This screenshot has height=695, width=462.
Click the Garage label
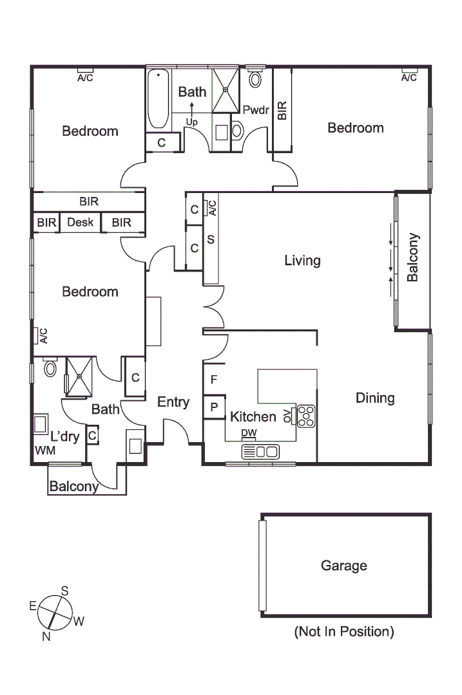tap(344, 566)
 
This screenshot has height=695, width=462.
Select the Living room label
tap(302, 261)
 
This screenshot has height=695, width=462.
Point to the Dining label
tap(375, 398)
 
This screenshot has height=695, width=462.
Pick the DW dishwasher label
tap(248, 433)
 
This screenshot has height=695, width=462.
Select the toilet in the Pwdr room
tap(256, 79)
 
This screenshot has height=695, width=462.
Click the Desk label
tap(81, 223)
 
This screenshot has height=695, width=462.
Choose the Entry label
tap(173, 402)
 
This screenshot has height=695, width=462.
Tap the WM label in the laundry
tap(44, 450)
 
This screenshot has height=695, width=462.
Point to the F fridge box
tap(213, 380)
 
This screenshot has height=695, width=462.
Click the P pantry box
tap(213, 407)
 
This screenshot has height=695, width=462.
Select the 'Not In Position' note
tap(343, 631)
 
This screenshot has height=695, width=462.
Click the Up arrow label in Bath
tap(191, 121)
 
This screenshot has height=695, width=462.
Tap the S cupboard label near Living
tap(211, 239)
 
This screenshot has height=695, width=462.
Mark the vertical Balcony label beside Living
tap(413, 257)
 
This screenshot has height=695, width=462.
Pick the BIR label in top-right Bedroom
tap(282, 110)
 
